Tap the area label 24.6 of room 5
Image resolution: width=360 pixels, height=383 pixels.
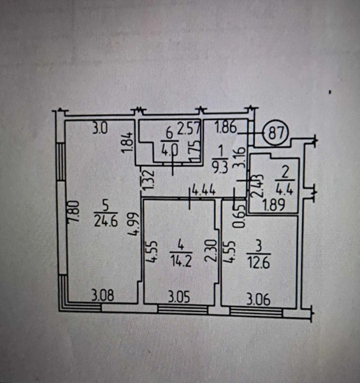[x=106, y=222]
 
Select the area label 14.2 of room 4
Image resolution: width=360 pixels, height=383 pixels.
[x=181, y=261]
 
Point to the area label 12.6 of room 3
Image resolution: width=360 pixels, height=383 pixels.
[x=258, y=264]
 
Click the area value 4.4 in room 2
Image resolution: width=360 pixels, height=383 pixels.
[x=285, y=189]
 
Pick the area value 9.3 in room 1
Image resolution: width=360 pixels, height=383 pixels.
[x=220, y=168]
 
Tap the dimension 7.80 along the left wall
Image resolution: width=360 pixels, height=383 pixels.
[x=74, y=212]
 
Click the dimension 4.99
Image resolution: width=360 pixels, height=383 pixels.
[x=134, y=224]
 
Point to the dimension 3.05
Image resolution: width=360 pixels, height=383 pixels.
[x=179, y=297]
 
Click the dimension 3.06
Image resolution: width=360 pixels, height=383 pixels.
[x=258, y=300]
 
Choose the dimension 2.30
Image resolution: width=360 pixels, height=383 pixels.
[x=211, y=250]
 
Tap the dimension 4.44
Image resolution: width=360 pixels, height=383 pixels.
[x=204, y=190]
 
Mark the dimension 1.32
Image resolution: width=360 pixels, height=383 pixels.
[x=149, y=179]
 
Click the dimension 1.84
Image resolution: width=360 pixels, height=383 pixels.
[x=127, y=142]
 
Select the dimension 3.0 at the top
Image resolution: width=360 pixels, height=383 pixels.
[x=100, y=129]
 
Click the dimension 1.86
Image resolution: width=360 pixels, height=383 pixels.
[x=226, y=127]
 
